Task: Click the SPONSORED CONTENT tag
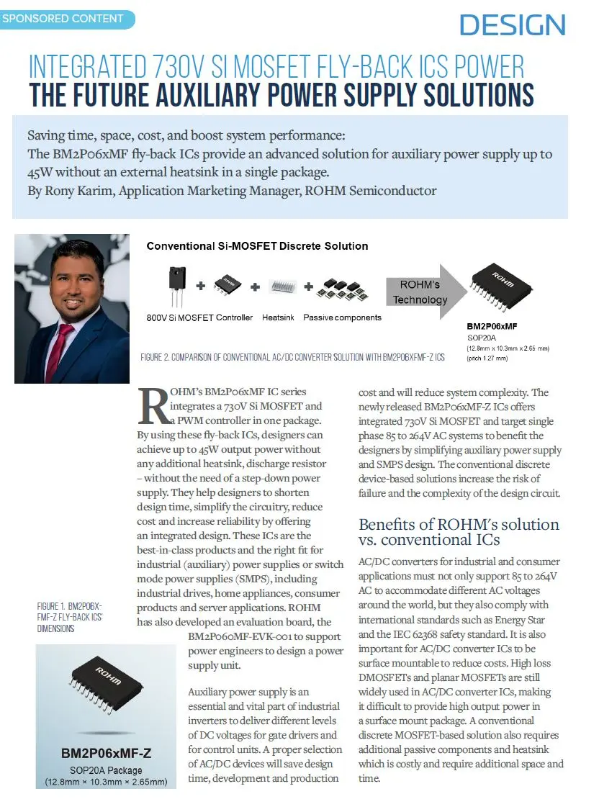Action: (x=63, y=18)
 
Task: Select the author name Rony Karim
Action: (x=77, y=191)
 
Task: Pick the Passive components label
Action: (x=342, y=317)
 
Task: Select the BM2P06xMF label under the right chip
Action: (x=492, y=326)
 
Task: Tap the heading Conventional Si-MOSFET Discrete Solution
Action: (x=257, y=246)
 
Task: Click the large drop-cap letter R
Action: (x=153, y=407)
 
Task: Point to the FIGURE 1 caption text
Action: (x=70, y=618)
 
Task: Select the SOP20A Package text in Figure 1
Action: (x=106, y=770)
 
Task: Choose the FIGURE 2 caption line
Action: (x=293, y=357)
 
